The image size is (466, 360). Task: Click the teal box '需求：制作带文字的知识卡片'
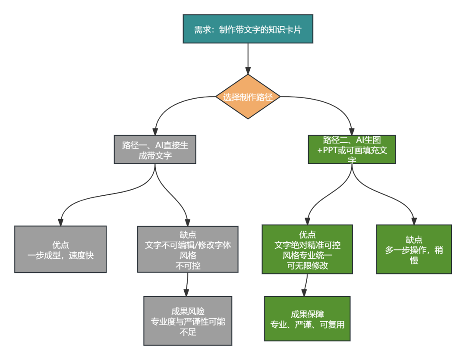pos(248,29)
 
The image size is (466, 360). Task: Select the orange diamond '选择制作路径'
pos(248,97)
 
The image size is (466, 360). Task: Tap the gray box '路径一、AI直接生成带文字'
pos(155,150)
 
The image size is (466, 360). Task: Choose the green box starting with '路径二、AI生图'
pos(352,150)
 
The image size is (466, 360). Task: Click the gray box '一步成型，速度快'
pos(60,249)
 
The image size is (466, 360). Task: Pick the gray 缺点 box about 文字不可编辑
pos(188,249)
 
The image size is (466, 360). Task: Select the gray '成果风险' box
pos(188,321)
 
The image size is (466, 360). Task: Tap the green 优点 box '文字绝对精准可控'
pos(307,249)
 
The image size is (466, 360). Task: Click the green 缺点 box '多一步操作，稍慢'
pos(414,249)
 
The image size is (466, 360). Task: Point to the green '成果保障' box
pos(307,319)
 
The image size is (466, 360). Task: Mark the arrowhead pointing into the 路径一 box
pos(155,131)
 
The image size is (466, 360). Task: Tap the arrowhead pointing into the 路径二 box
pos(352,131)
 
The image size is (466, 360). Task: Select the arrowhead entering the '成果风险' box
pos(186,292)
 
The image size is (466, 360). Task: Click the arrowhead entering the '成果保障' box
pos(304,292)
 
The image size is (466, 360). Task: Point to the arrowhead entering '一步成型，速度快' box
pos(60,222)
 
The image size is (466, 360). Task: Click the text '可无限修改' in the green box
pos(307,266)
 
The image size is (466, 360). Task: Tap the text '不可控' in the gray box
pos(188,266)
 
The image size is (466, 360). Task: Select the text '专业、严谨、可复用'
pos(307,325)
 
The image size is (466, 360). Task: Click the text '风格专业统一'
pos(307,255)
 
